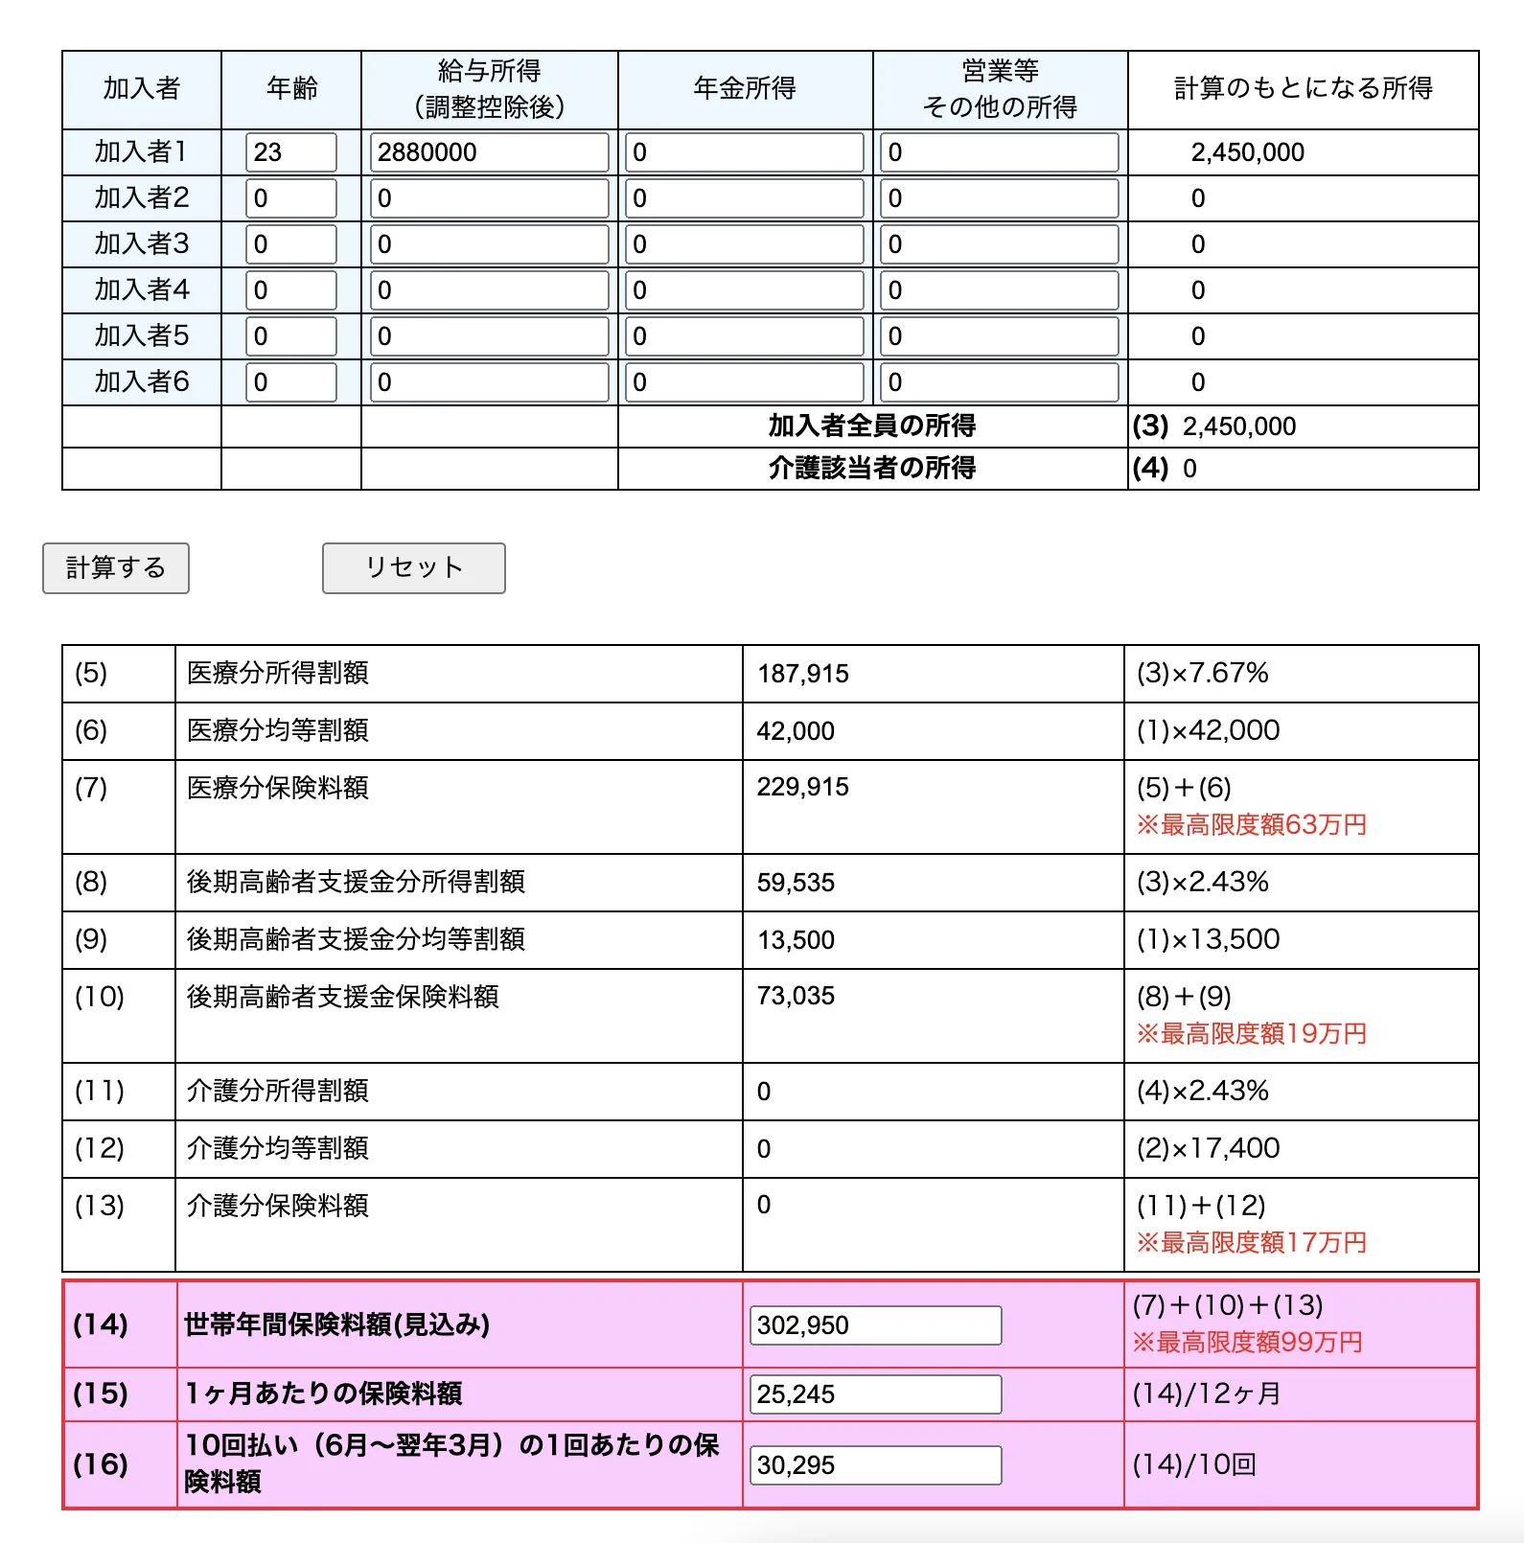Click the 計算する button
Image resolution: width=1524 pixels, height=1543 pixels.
point(116,568)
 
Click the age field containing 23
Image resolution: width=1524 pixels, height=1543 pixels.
point(290,152)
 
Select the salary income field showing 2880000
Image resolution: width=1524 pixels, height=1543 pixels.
point(489,152)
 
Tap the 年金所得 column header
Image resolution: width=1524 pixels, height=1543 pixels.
point(745,89)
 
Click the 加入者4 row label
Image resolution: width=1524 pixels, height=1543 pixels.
point(142,289)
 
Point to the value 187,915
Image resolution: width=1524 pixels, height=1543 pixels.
point(803,674)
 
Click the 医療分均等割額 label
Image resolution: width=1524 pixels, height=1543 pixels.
point(278,730)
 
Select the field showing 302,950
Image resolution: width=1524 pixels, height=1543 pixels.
point(874,1325)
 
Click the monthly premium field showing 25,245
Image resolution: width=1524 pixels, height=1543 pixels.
point(874,1394)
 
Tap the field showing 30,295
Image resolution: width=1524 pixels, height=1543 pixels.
point(874,1465)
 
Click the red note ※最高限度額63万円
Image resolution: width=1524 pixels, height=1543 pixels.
point(1251,825)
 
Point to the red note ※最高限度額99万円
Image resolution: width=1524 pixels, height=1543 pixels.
point(1247,1343)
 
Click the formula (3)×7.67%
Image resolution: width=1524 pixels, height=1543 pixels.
point(1202,673)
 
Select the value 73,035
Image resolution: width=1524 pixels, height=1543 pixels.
point(796,996)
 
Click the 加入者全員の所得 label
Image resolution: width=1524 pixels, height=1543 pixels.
point(871,426)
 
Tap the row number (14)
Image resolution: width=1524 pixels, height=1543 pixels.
point(101,1324)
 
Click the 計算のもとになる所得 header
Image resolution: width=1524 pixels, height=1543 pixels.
point(1303,89)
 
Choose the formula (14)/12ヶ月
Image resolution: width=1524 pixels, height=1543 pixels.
point(1206,1393)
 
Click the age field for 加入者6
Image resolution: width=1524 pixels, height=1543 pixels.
point(290,382)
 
